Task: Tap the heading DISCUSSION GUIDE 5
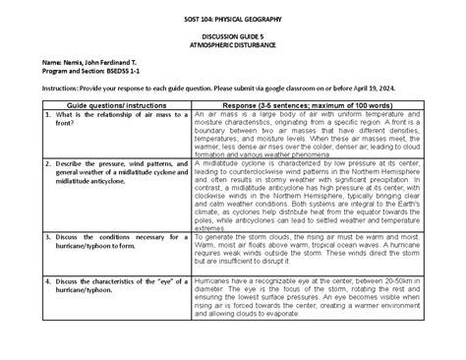[x=232, y=35]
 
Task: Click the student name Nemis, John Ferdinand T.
[x=91, y=64]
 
